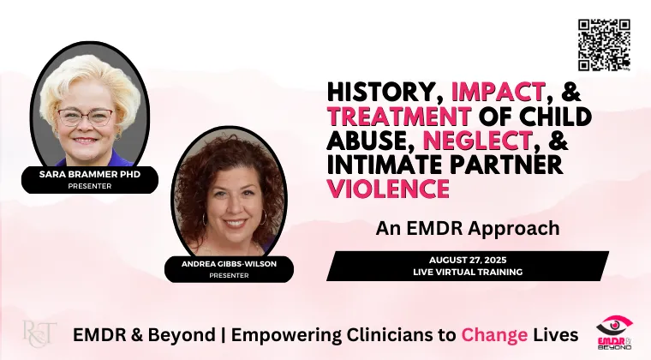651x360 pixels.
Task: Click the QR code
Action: click(x=604, y=45)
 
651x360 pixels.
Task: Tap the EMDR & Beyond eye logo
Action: click(x=615, y=333)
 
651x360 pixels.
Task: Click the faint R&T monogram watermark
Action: click(x=39, y=333)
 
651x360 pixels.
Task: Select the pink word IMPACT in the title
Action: click(x=498, y=92)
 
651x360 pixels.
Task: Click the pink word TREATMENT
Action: click(x=399, y=116)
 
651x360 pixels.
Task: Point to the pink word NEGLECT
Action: click(x=477, y=140)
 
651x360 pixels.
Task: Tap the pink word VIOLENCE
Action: click(x=389, y=189)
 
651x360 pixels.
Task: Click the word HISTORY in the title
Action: click(x=382, y=93)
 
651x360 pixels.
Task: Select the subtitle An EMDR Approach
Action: click(x=468, y=228)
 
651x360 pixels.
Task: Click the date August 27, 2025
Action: click(x=468, y=261)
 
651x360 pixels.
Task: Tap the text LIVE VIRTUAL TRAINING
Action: click(x=468, y=272)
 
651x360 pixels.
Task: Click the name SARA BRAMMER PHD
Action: click(x=90, y=174)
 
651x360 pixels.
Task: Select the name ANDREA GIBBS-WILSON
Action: click(x=229, y=264)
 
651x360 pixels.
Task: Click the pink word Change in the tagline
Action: click(x=494, y=334)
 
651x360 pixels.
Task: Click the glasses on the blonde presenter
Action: click(x=85, y=117)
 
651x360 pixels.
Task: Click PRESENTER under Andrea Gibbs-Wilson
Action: click(x=229, y=275)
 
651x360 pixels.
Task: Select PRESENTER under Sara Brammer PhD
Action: click(x=90, y=186)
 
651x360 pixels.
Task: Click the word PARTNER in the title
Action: click(x=506, y=165)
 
